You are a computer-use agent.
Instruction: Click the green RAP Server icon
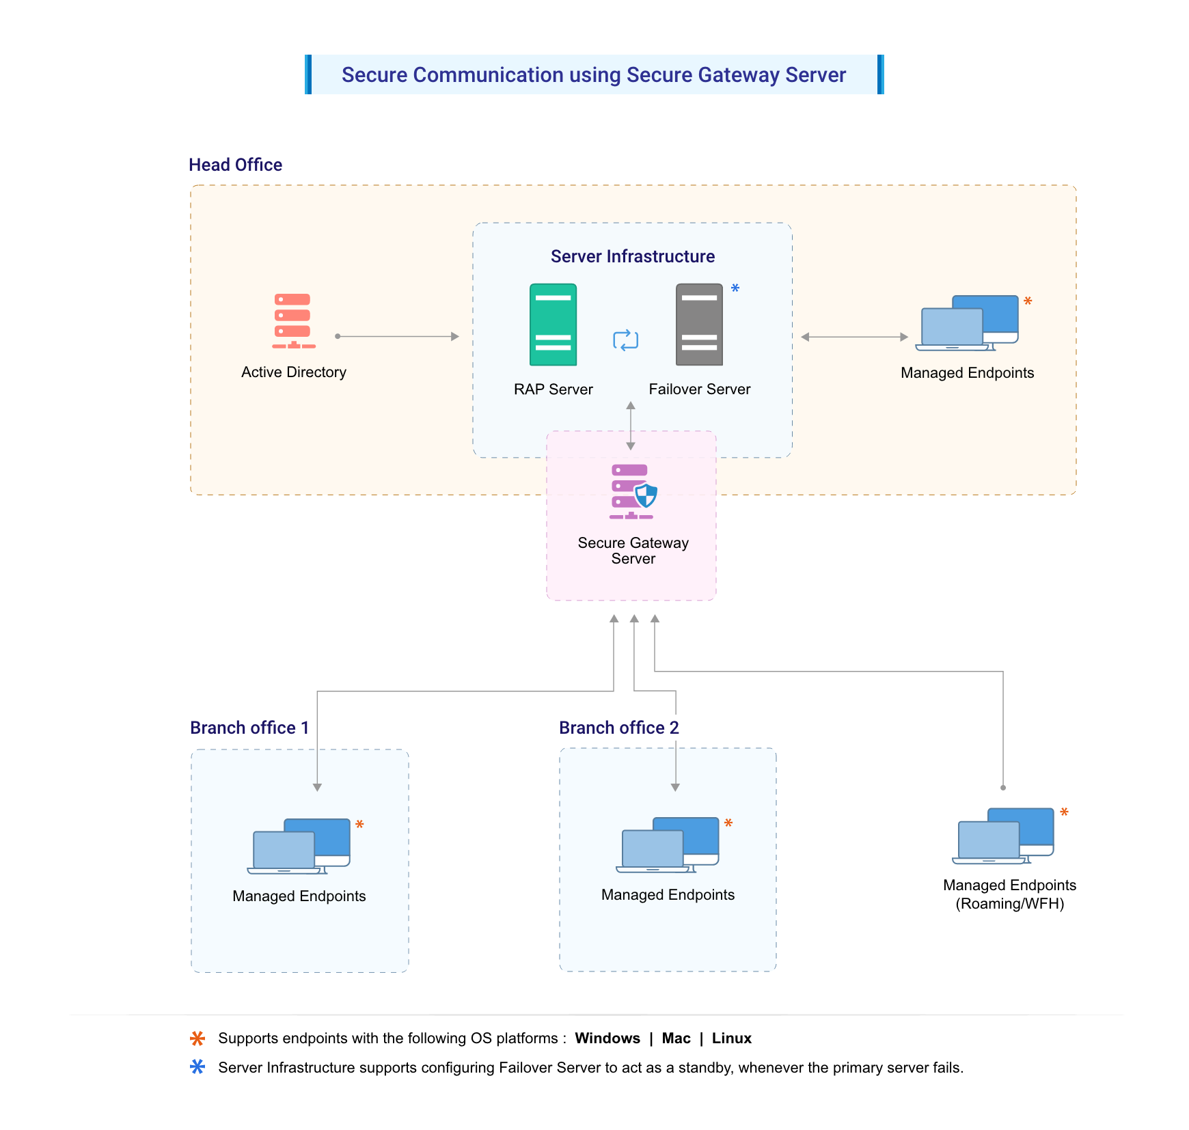pyautogui.click(x=553, y=325)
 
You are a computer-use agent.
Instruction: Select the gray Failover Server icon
pyautogui.click(x=699, y=325)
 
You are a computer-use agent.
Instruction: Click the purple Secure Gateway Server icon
pyautogui.click(x=633, y=492)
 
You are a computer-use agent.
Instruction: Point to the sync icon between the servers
pyautogui.click(x=625, y=340)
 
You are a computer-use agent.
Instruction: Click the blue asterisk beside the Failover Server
pyautogui.click(x=735, y=288)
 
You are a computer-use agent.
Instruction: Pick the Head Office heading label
pyautogui.click(x=235, y=165)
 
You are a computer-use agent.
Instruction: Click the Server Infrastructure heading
pyautogui.click(x=632, y=256)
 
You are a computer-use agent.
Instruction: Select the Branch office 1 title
pyautogui.click(x=249, y=728)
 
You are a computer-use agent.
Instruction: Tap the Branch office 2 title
pyautogui.click(x=618, y=728)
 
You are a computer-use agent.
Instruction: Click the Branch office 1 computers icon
pyautogui.click(x=299, y=846)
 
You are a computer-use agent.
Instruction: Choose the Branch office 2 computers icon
pyautogui.click(x=668, y=845)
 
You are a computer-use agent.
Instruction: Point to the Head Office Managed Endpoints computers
pyautogui.click(x=967, y=323)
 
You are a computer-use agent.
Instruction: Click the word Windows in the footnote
pyautogui.click(x=607, y=1038)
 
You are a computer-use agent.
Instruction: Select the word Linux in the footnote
pyautogui.click(x=731, y=1038)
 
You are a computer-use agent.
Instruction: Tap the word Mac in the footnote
pyautogui.click(x=676, y=1038)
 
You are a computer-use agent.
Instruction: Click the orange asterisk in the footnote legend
pyautogui.click(x=197, y=1038)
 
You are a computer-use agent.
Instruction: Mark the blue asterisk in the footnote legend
pyautogui.click(x=197, y=1066)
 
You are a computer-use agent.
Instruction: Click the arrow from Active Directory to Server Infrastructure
pyautogui.click(x=397, y=336)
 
